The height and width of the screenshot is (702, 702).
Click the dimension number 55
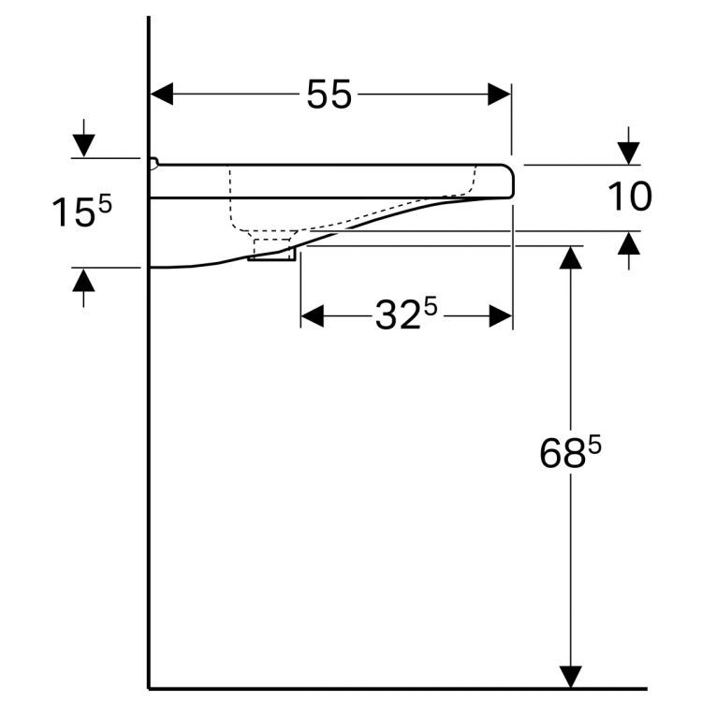coord(329,95)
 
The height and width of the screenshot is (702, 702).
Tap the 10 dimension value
coord(629,197)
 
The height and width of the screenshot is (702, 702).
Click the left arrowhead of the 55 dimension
coord(163,94)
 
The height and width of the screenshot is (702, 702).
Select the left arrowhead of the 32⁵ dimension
coord(313,316)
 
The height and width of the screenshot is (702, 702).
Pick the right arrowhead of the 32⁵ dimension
coord(501,316)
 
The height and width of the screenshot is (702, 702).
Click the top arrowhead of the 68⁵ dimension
coord(571,257)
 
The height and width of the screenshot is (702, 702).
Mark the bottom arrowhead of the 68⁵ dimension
coord(571,676)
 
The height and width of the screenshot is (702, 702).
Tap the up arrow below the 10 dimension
coord(628,243)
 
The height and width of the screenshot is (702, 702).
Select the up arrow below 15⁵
coord(84,280)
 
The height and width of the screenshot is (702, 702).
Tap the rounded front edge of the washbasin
coord(510,181)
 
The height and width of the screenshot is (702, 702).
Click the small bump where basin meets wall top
coord(154,163)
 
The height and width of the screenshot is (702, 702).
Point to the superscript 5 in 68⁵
coord(593,446)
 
